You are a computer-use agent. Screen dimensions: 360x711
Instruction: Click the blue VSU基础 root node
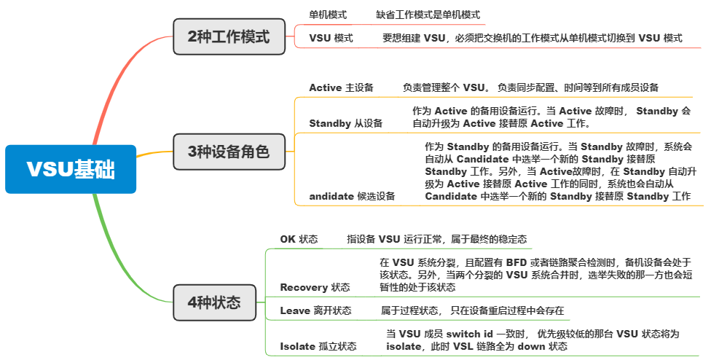(x=71, y=169)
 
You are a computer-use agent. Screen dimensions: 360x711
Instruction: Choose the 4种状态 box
(x=215, y=302)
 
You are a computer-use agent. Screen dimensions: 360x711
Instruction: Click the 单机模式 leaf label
(x=328, y=15)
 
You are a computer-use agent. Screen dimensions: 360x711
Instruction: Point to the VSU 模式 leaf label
(x=331, y=38)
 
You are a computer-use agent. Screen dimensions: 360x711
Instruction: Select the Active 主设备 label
(x=341, y=87)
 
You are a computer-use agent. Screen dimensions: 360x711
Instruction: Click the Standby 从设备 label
(x=345, y=123)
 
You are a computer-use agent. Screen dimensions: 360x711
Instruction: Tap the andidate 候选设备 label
(x=352, y=196)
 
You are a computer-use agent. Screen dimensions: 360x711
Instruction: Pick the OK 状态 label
(x=299, y=239)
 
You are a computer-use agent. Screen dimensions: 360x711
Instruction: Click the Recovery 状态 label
(x=315, y=287)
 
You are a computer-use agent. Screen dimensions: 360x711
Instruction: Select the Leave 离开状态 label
(x=315, y=310)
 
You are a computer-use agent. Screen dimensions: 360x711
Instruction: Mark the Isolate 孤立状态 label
(x=318, y=346)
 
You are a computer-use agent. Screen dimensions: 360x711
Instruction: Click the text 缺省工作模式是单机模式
(x=428, y=15)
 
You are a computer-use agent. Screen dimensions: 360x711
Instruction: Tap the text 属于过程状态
(x=409, y=310)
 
